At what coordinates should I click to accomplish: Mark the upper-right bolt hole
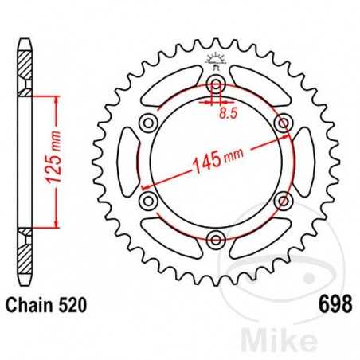(x=283, y=123)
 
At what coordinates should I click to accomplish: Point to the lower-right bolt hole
(x=283, y=199)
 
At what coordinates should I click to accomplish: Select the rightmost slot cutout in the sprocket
(x=303, y=161)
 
